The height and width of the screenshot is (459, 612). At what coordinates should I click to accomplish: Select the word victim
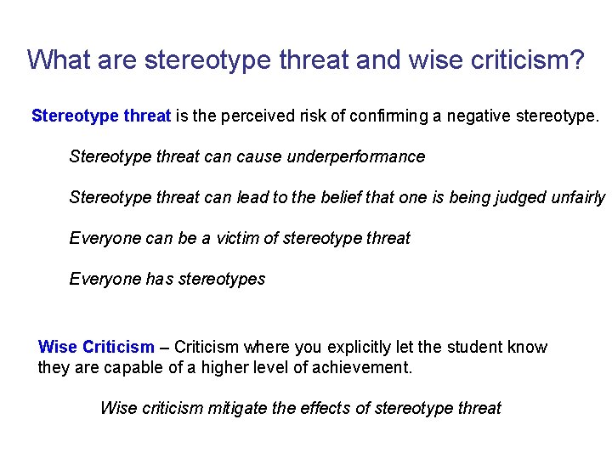click(x=232, y=239)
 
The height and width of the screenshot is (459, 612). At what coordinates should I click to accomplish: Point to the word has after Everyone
click(x=156, y=280)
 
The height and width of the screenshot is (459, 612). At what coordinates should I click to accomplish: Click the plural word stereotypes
click(x=222, y=280)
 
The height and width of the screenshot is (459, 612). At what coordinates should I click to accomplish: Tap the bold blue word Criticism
click(x=119, y=348)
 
